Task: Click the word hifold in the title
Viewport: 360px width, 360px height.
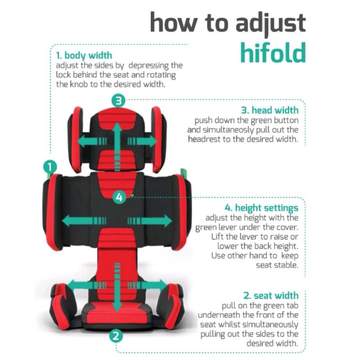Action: coord(273,52)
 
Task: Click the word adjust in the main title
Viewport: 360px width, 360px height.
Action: coord(271,24)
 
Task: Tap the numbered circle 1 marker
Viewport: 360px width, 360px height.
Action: coord(50,166)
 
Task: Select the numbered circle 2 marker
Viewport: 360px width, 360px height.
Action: coord(116,336)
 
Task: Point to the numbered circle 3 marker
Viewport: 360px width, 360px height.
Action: coord(118,101)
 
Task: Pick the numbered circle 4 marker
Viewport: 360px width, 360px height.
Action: coord(119,197)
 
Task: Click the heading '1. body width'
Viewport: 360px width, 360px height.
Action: coord(84,56)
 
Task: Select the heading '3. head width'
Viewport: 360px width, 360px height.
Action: coord(270,110)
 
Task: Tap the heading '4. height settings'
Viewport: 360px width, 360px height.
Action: coord(261,208)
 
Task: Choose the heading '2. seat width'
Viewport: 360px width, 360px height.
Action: coord(271,296)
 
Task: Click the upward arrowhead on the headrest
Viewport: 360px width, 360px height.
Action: coord(117,127)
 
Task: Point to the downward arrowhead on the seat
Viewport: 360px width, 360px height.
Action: coord(117,307)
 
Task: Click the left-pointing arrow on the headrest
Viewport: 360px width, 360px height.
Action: coord(92,141)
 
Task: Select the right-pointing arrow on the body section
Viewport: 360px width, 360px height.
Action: coord(150,221)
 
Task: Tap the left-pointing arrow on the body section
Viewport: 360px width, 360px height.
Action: coord(84,221)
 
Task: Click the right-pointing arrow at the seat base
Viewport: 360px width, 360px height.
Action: coord(148,285)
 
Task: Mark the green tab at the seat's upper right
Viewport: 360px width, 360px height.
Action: coord(184,172)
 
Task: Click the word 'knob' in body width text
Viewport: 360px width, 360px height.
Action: coord(79,85)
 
